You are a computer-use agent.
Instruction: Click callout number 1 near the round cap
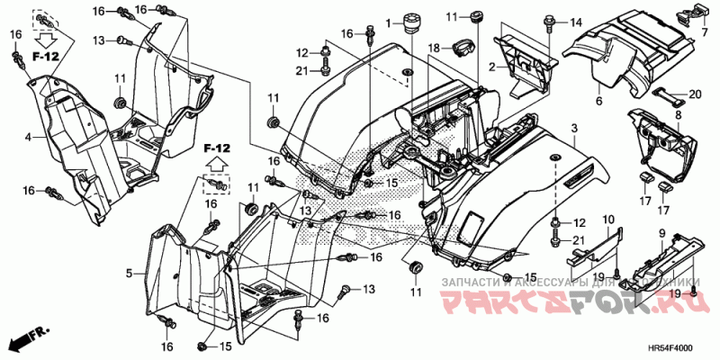coord(389,21)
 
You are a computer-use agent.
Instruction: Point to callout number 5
coord(130,272)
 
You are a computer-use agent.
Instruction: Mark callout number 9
coord(662,233)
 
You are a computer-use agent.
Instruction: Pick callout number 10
coord(607,219)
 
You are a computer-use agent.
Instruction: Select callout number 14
coord(576,22)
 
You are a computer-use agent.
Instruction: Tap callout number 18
coord(433,47)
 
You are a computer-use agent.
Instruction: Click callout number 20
coord(694,94)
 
